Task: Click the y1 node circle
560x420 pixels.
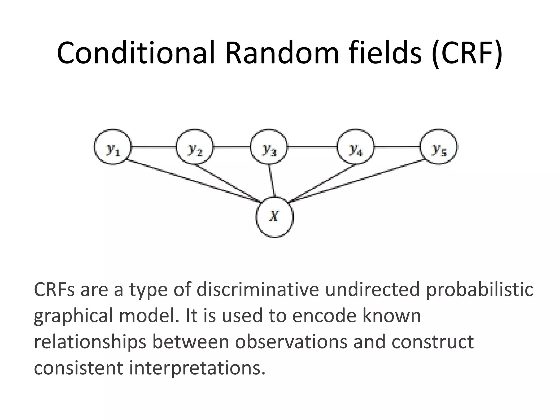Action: pyautogui.click(x=113, y=147)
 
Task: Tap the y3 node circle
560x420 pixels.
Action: pyautogui.click(x=269, y=147)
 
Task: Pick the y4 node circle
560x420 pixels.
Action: pyautogui.click(x=355, y=147)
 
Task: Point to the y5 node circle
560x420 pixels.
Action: pyautogui.click(x=439, y=147)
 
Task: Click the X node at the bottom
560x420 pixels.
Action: pyautogui.click(x=275, y=217)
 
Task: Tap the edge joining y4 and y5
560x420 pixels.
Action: pyautogui.click(x=397, y=147)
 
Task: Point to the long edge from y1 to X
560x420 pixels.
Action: pyautogui.click(x=191, y=180)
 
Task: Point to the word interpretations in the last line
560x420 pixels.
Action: pyautogui.click(x=197, y=368)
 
